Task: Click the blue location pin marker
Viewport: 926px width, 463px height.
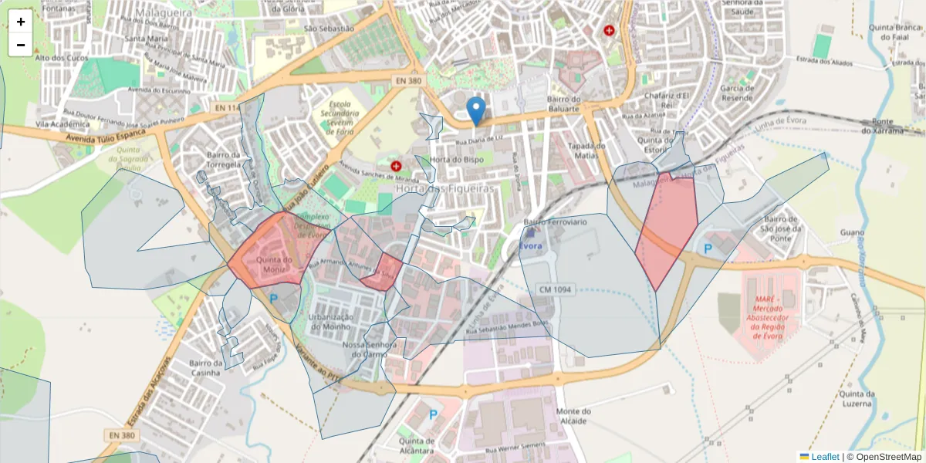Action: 478,110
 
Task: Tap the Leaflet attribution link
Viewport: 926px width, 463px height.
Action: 825,457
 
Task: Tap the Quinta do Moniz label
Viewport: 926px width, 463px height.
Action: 275,265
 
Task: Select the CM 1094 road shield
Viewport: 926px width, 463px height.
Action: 554,289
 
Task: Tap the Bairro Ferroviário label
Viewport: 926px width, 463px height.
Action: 556,222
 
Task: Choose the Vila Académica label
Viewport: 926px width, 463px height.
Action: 63,123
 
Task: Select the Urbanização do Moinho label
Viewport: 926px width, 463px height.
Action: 330,322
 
